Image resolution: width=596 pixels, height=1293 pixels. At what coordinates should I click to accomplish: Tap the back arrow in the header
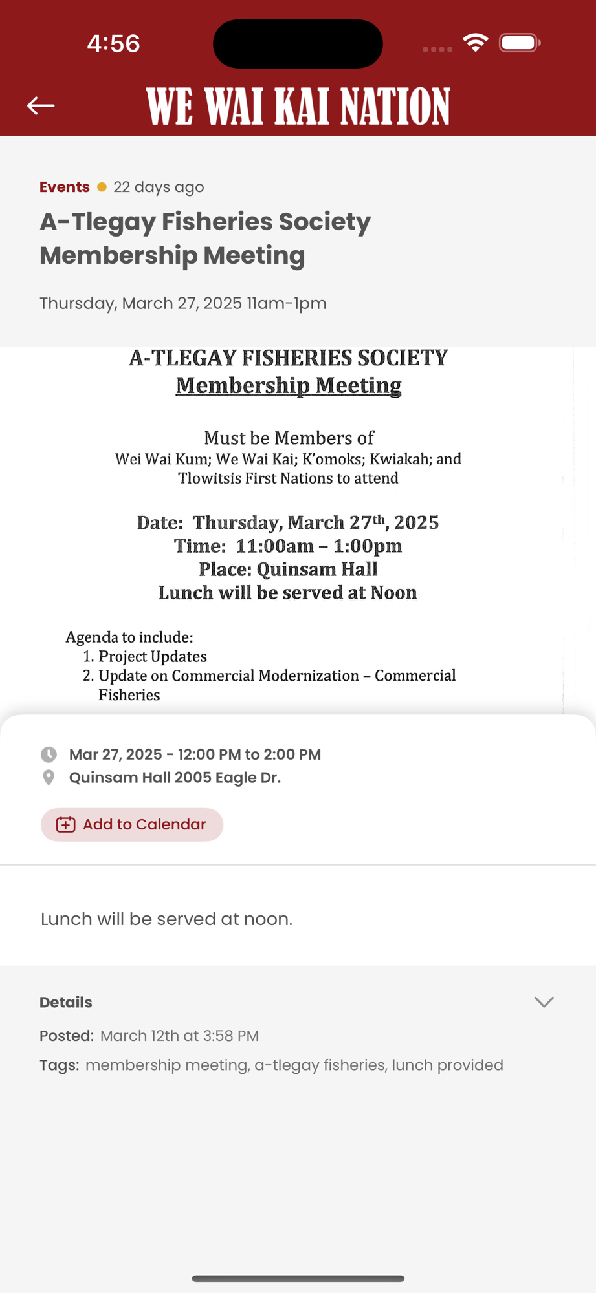[x=41, y=105]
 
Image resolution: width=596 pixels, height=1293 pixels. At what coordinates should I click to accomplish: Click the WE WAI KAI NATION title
[x=298, y=106]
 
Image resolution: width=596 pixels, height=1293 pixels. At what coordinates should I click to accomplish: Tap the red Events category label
[x=65, y=187]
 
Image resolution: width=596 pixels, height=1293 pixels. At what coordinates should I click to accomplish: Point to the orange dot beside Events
[x=102, y=187]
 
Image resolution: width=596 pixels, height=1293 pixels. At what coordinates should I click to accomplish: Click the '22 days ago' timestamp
[x=159, y=187]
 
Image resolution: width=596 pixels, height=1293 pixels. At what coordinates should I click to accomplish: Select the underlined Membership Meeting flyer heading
[x=289, y=385]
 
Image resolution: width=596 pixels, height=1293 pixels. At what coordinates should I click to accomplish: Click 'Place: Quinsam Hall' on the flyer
[x=288, y=570]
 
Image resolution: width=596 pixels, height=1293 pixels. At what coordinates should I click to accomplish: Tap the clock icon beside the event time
[x=49, y=754]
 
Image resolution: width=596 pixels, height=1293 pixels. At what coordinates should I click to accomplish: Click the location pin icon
[x=49, y=778]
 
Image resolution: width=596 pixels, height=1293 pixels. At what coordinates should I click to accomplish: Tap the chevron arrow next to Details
[x=544, y=1002]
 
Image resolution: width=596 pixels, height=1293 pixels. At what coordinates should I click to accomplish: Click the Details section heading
[x=66, y=1002]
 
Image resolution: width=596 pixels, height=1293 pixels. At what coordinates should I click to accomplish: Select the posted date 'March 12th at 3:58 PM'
[x=179, y=1036]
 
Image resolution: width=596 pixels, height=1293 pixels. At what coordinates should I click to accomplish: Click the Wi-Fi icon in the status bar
[x=476, y=43]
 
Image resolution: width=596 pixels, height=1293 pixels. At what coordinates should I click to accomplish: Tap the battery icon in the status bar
[x=519, y=43]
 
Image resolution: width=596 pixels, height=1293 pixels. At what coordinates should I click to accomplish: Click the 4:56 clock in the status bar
[x=113, y=43]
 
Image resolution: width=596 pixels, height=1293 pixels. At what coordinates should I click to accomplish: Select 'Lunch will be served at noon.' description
[x=166, y=919]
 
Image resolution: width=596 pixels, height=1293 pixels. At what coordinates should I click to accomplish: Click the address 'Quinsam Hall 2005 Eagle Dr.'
[x=175, y=778]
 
